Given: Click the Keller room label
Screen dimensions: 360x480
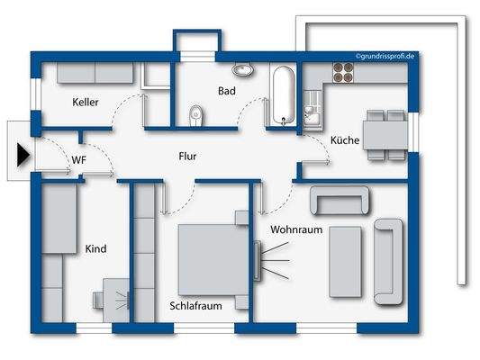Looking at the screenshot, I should [x=86, y=103].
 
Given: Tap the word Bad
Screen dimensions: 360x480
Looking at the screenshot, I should [x=226, y=91].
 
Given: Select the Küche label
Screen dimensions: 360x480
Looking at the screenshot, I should [x=344, y=141].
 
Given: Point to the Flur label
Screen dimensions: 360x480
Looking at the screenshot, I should [x=187, y=157].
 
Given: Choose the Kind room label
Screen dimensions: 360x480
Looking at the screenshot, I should [x=95, y=248].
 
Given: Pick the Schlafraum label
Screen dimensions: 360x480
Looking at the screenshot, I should [x=195, y=306].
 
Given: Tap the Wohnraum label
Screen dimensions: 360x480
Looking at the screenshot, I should [x=296, y=229].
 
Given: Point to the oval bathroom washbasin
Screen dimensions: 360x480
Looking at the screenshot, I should [x=242, y=69].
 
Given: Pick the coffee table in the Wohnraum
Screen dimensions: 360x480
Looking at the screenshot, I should [x=347, y=262].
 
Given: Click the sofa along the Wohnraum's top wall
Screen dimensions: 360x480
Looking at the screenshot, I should [x=340, y=201].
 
